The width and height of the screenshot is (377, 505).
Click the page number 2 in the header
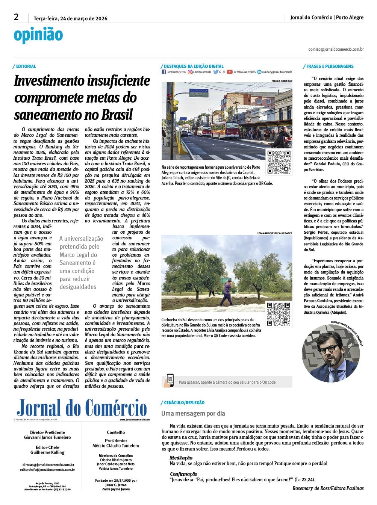point(16,17)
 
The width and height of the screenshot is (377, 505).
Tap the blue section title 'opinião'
point(38,35)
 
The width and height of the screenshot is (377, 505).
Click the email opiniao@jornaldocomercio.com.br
point(336,49)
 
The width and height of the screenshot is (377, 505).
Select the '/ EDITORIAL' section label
point(25,67)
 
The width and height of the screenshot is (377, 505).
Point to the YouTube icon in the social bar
point(229,72)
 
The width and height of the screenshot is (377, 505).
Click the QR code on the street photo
point(279,162)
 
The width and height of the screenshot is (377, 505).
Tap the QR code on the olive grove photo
point(279,314)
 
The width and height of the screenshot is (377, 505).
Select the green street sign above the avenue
point(199,92)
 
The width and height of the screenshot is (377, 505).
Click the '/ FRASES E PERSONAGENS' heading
point(329,67)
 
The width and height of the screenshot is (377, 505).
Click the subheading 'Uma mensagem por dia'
point(193,413)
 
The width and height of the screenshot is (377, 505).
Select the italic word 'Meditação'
point(181,458)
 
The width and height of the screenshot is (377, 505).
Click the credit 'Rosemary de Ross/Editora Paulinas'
point(328,488)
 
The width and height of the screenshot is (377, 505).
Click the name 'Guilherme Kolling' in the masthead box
point(47,452)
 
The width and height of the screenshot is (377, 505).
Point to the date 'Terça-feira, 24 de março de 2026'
point(70,18)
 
